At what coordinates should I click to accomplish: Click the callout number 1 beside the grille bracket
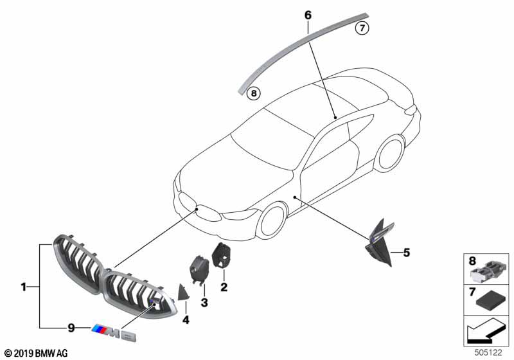coord(23,287)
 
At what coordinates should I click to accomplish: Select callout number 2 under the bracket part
coord(224,287)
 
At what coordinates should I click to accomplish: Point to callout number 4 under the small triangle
coord(185,319)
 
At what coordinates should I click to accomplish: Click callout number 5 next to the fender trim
coord(405,253)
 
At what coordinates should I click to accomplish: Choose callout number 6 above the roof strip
coord(308,14)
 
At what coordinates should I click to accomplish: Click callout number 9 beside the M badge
coord(72,328)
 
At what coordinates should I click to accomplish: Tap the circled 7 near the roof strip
coord(362,28)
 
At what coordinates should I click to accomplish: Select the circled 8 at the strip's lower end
coord(254,93)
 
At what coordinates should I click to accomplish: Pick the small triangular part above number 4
coord(183,292)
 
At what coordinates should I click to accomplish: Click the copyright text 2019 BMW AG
coord(35,353)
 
